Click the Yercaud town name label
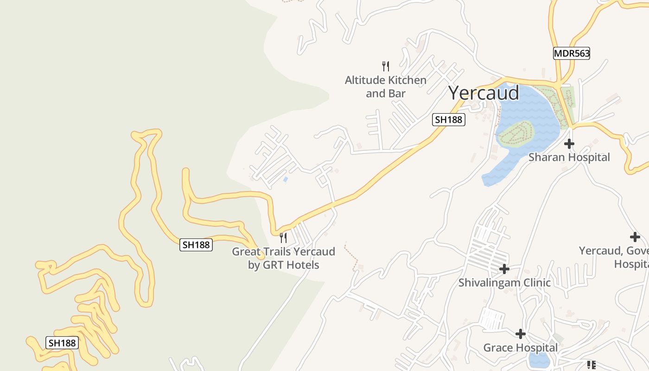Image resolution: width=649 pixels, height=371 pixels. pos(484,93)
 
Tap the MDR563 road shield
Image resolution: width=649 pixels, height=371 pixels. pos(572,53)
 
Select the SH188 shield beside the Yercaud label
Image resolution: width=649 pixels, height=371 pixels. pos(448,120)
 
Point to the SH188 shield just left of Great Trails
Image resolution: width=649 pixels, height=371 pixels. pos(196,245)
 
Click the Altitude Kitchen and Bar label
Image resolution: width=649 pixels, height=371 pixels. pos(385,87)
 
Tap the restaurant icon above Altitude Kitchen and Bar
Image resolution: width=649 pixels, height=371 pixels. pos(385,66)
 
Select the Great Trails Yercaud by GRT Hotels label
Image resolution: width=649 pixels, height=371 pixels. pos(283,258)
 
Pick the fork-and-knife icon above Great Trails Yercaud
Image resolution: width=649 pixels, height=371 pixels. pos(283,238)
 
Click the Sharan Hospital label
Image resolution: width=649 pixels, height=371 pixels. pos(569,157)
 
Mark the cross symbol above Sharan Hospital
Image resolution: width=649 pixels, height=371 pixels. pos(569,144)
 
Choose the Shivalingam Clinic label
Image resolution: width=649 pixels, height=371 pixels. pos(504,282)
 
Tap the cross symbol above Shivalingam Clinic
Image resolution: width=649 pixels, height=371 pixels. pos(504,269)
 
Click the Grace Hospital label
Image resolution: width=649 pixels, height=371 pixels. pos(521,348)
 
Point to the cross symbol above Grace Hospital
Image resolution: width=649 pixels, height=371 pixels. pos(521,334)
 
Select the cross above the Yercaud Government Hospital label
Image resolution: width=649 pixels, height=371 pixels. pos(635,237)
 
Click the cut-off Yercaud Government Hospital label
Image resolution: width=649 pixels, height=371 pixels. pos(614,257)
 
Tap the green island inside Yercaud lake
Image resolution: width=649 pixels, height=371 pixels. pos(516,134)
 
